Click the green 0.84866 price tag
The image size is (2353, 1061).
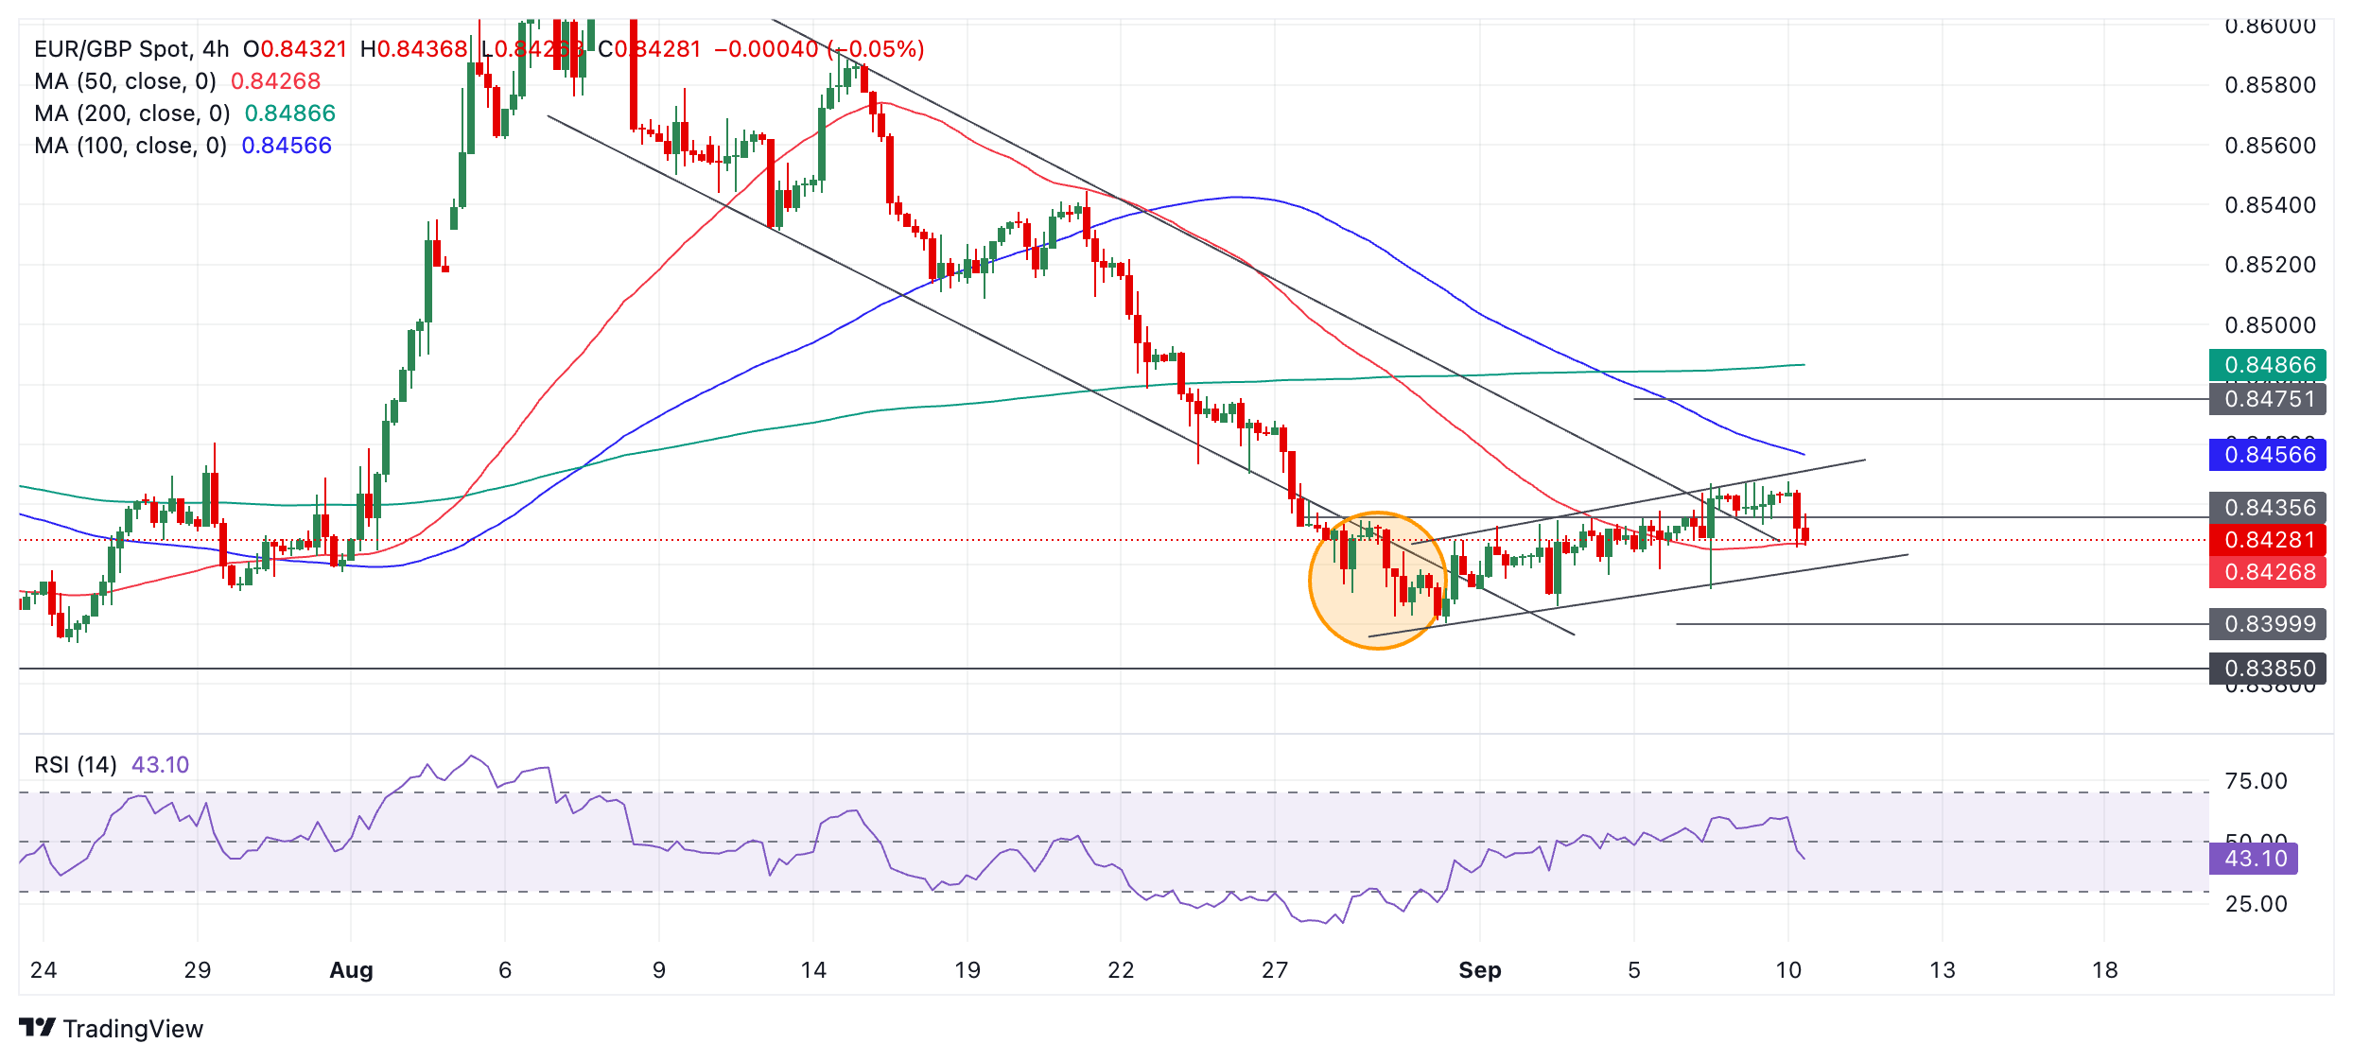2268,365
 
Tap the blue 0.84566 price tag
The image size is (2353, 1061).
2268,455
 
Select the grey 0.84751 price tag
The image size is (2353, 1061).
2268,399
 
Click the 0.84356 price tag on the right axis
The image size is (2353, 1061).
2268,508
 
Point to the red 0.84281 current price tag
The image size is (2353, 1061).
2268,540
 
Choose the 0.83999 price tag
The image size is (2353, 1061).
2268,624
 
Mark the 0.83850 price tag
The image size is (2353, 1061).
2268,669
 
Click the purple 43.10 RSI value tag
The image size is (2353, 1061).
2255,859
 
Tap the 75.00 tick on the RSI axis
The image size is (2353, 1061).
2256,781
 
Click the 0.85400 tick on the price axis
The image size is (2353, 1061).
2270,205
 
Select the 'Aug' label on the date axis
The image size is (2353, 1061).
351,970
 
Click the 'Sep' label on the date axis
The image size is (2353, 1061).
1479,970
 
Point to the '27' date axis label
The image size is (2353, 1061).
1275,970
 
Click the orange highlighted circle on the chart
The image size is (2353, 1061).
1378,581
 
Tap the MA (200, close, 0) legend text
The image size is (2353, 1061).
132,113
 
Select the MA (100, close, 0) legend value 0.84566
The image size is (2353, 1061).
287,146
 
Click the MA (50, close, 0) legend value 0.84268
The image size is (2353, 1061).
275,81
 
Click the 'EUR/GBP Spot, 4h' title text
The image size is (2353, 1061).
131,49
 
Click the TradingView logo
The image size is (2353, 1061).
111,1029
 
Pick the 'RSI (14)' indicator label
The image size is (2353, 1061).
76,765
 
